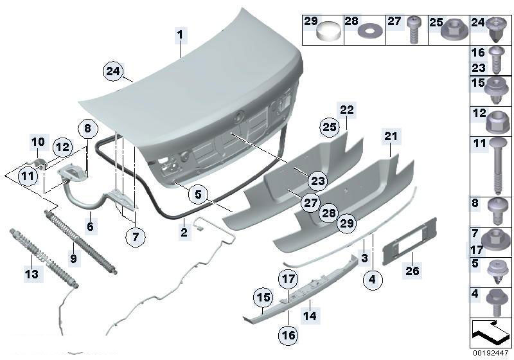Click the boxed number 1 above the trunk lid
[x=181, y=34]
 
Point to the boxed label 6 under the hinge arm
[x=91, y=226]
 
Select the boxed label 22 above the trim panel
[x=347, y=109]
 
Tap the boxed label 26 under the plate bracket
[x=412, y=271]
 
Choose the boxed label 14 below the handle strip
[x=310, y=316]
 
